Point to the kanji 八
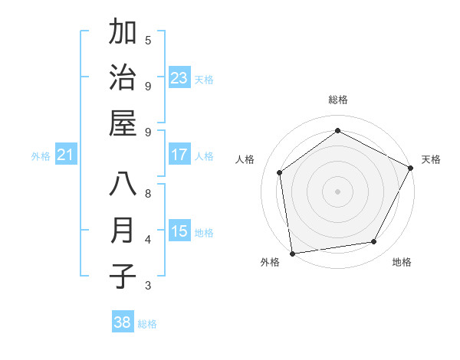[x=123, y=185]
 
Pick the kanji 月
[x=123, y=231]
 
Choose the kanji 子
[x=123, y=277]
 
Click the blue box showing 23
[x=179, y=77]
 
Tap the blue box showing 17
[x=179, y=155]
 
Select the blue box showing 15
[x=179, y=231]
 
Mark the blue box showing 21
[x=66, y=155]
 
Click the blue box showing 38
[x=122, y=322]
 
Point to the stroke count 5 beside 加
[x=148, y=40]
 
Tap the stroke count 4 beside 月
[x=148, y=239]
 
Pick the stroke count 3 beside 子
[x=148, y=286]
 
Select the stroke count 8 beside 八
[x=148, y=193]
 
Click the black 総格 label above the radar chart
[x=337, y=100]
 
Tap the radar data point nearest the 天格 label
[x=411, y=168]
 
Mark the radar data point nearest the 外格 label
[x=292, y=253]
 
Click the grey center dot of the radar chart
[x=337, y=191]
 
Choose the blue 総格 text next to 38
[x=147, y=323]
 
